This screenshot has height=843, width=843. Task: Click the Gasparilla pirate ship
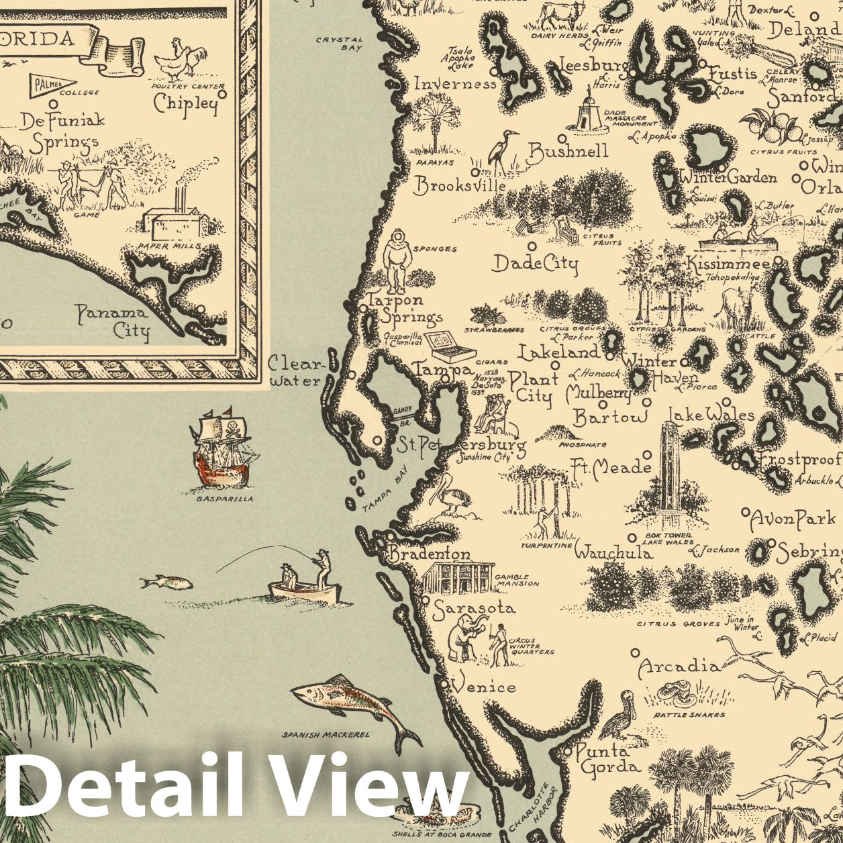point(224,446)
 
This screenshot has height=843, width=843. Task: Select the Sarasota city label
point(474,609)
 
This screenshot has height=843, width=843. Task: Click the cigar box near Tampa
point(449,346)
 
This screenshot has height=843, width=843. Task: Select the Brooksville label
point(460,185)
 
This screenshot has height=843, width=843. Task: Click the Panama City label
point(111,321)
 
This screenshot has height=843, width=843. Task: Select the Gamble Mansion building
point(457,577)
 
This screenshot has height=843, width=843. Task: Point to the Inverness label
point(455,84)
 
